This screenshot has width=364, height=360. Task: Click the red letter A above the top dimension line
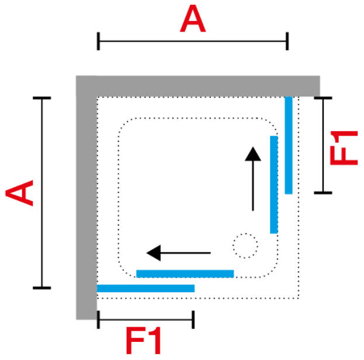193,19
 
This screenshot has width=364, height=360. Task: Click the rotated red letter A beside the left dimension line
19,193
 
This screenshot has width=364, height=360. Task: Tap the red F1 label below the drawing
144,342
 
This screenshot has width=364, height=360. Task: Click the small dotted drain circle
245,245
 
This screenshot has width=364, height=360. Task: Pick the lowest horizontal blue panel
145,288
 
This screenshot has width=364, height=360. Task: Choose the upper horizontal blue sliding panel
185,274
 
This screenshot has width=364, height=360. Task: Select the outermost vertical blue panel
288,145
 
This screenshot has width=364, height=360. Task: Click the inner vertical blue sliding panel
273,184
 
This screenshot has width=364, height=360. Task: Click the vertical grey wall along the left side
86,205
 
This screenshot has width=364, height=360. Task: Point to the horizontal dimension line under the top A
193,41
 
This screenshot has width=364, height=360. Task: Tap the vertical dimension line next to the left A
41,193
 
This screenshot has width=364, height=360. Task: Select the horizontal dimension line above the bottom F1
145,320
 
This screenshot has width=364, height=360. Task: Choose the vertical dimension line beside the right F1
323,145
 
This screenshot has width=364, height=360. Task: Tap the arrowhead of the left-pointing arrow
153,253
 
